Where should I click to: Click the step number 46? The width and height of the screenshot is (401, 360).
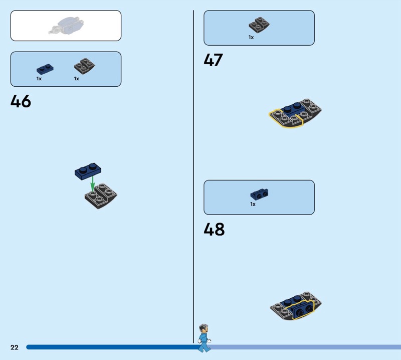[x=21, y=101]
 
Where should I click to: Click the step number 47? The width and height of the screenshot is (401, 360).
[x=213, y=60]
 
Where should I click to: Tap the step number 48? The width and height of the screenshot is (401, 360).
[x=214, y=230]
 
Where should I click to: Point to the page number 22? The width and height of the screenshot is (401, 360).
[x=14, y=347]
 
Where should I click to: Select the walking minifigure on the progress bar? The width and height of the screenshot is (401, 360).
[x=204, y=337]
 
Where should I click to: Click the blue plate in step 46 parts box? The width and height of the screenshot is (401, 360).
[x=45, y=69]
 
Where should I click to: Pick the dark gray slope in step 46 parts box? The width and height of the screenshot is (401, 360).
[x=85, y=66]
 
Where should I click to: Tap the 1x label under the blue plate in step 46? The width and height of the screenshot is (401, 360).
[x=39, y=79]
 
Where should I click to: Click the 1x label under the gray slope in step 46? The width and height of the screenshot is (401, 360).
[x=77, y=79]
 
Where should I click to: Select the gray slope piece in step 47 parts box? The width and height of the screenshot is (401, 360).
[x=260, y=25]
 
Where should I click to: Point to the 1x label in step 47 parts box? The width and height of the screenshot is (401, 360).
[x=251, y=37]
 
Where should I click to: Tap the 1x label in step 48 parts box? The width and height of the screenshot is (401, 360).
[x=253, y=204]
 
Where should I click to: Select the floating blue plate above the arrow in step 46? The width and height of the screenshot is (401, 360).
[x=88, y=170]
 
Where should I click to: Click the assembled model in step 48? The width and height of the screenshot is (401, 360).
[x=296, y=307]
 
